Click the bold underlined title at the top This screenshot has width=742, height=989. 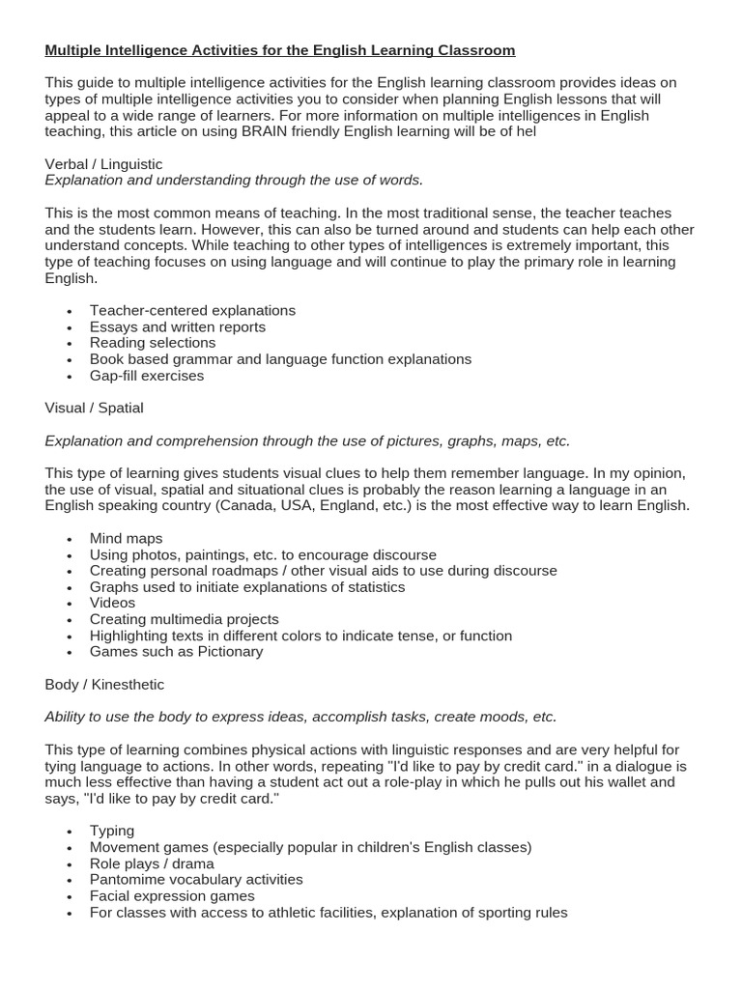pos(280,50)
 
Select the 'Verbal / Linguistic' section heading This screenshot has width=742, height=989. pos(103,164)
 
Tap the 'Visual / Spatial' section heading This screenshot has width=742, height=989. pos(94,408)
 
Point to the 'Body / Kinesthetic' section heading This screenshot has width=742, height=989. pos(104,685)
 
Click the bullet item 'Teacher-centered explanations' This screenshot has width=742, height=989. pos(192,310)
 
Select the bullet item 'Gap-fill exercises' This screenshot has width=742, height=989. pos(147,376)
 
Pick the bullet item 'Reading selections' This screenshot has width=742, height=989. pos(153,343)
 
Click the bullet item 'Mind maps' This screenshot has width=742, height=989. pos(126,538)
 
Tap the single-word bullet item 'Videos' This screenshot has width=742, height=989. pos(112,603)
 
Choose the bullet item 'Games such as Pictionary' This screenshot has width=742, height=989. pos(176,652)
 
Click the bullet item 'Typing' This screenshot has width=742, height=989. pos(112,831)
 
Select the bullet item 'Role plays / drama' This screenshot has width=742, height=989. pos(152,863)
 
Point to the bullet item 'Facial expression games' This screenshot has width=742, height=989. pos(172,895)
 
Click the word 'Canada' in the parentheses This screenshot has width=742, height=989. pos(244,506)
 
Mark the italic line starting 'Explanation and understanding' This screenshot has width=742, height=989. pos(234,181)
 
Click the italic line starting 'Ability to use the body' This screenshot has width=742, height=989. pos(300,717)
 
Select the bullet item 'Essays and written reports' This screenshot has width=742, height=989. pos(178,326)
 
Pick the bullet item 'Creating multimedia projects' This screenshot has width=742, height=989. pos(184,619)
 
